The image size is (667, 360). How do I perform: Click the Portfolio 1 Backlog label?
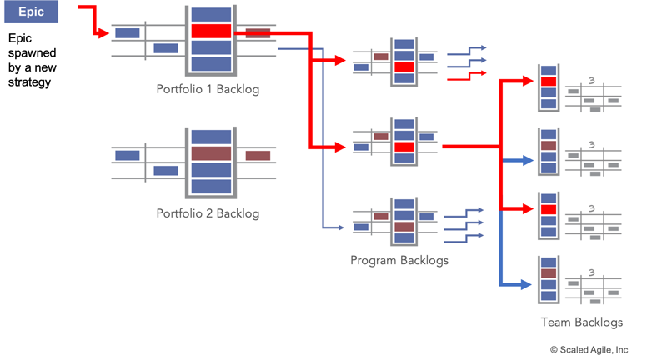click(x=208, y=88)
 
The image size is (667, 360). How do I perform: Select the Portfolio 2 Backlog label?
click(x=208, y=213)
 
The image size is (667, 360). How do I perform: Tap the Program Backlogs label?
click(x=399, y=260)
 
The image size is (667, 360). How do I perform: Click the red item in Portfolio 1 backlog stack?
click(x=211, y=31)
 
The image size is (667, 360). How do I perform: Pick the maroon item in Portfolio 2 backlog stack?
click(x=211, y=153)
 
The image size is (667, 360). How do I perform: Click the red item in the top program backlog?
click(x=404, y=67)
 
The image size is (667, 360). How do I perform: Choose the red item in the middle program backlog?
click(x=404, y=147)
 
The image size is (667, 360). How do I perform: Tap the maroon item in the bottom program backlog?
click(x=404, y=226)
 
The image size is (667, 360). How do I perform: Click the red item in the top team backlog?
click(x=548, y=81)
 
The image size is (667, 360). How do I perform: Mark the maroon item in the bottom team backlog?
click(x=548, y=272)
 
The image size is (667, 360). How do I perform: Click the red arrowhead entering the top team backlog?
click(x=529, y=81)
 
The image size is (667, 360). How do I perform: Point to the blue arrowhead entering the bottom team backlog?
click(x=529, y=285)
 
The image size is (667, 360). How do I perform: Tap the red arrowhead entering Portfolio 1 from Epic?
click(x=104, y=34)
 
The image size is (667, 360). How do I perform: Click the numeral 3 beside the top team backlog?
click(x=590, y=81)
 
